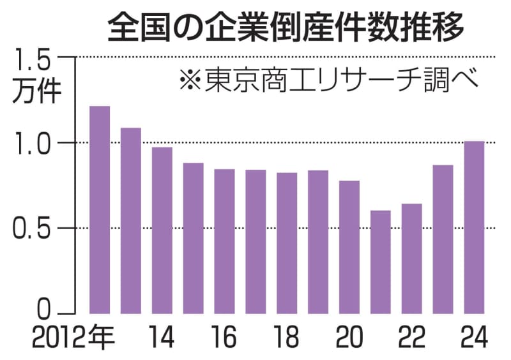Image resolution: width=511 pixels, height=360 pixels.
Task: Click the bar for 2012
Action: click(100, 210)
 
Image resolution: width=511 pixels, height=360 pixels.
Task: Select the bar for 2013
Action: click(131, 221)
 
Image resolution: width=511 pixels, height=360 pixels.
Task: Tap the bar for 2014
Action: click(162, 230)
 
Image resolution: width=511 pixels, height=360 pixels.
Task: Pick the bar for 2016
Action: click(224, 241)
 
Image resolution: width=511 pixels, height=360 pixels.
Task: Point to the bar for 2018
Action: click(287, 243)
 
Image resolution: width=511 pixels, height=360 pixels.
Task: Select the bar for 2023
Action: click(443, 239)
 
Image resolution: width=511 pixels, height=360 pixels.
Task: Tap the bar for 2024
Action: click(474, 227)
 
